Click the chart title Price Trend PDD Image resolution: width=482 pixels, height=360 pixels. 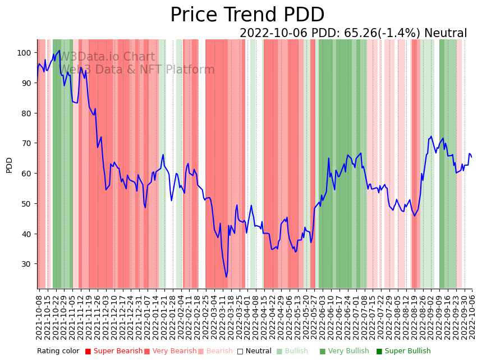click(x=247, y=15)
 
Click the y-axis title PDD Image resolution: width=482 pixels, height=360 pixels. click(x=9, y=165)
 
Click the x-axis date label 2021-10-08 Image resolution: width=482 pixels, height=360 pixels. click(x=39, y=317)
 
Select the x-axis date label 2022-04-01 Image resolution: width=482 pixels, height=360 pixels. click(x=247, y=317)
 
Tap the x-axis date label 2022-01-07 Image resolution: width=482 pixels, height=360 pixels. click(x=146, y=317)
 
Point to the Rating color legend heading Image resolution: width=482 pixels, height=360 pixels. click(x=58, y=351)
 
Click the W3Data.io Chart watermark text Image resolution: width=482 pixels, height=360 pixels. click(x=107, y=57)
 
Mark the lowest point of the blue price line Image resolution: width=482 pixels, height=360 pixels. click(x=227, y=277)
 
